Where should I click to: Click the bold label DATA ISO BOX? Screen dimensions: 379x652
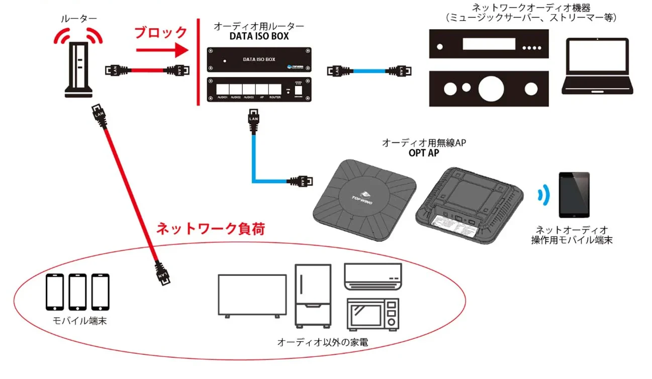tap(259, 36)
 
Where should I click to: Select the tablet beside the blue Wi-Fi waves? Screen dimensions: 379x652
tap(574, 195)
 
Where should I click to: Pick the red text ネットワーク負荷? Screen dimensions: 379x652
tap(211, 229)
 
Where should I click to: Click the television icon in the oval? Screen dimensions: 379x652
tap(252, 296)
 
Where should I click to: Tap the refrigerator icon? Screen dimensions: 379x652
tap(313, 295)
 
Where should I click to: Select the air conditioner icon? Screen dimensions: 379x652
tap(372, 277)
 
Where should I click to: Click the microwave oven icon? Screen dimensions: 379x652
tap(372, 314)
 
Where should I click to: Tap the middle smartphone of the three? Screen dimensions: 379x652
tap(77, 292)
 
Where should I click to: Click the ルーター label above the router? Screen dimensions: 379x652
tap(79, 19)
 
